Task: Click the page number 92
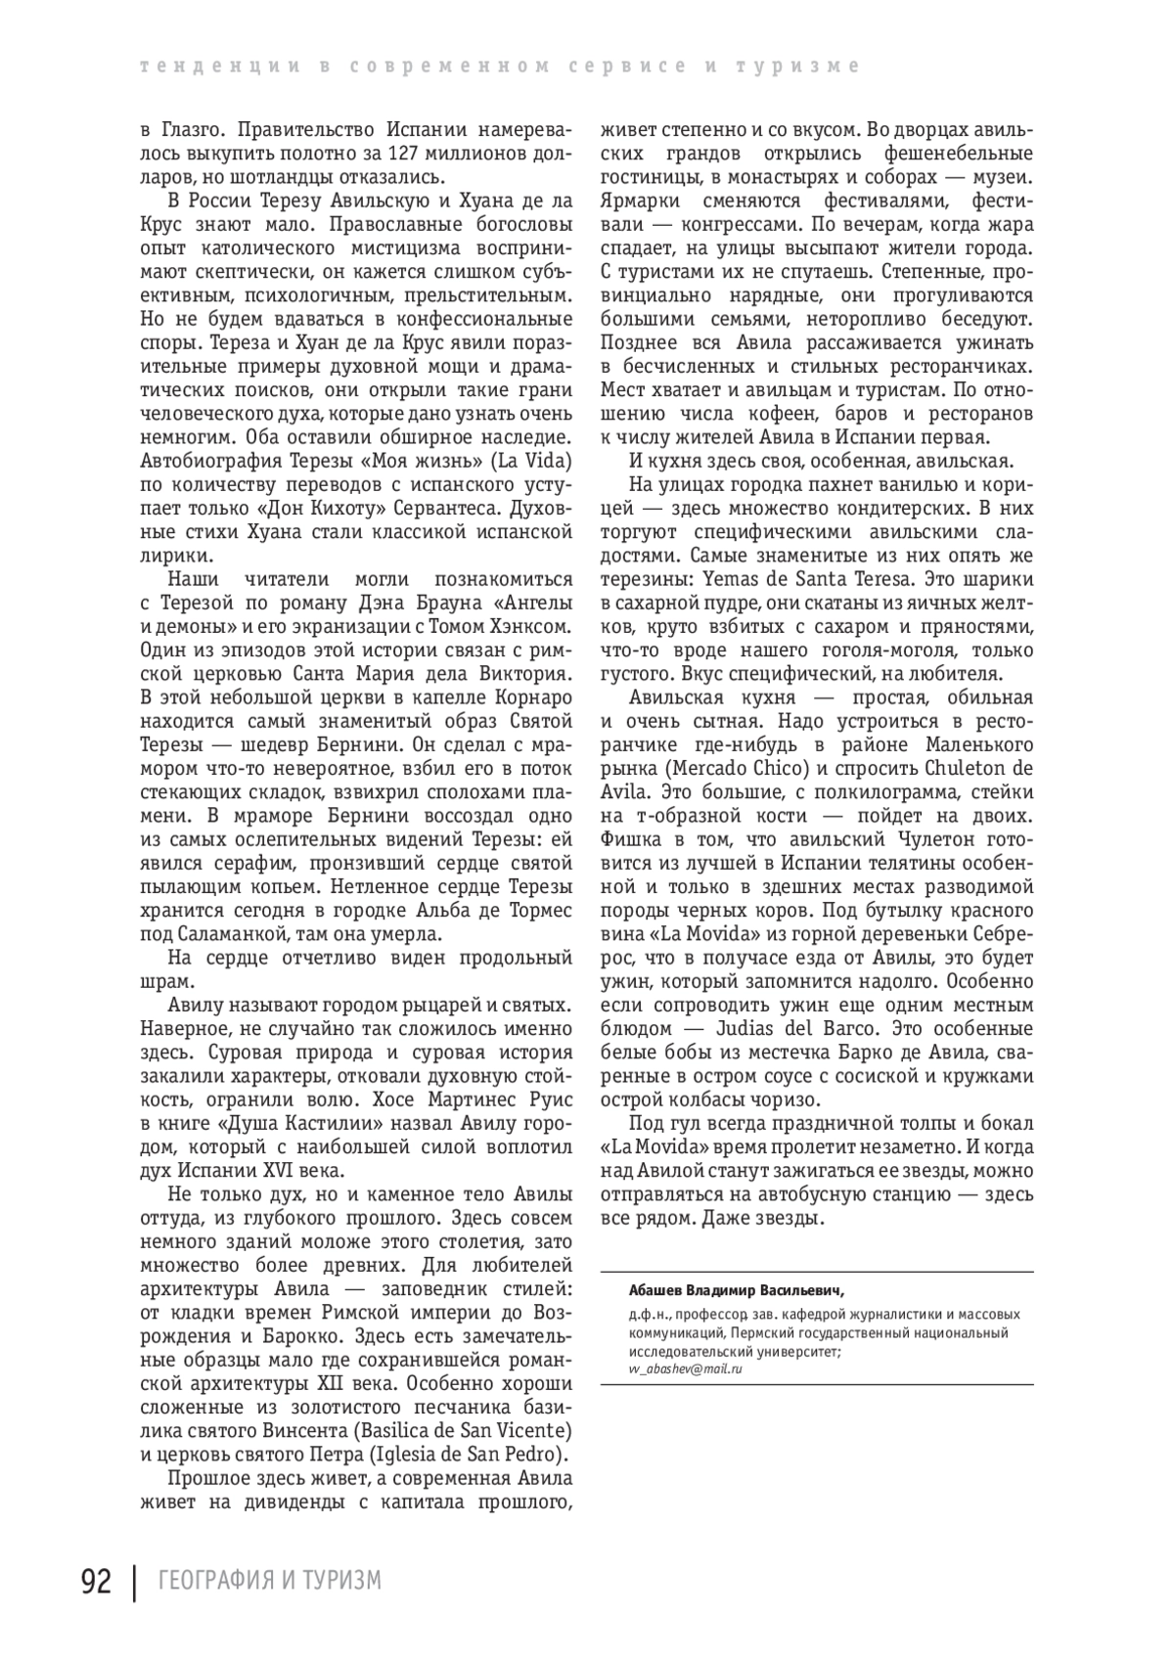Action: [95, 1580]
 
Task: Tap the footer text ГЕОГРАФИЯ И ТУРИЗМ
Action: [269, 1581]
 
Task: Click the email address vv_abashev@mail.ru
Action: [686, 1368]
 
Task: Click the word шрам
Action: [162, 980]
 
